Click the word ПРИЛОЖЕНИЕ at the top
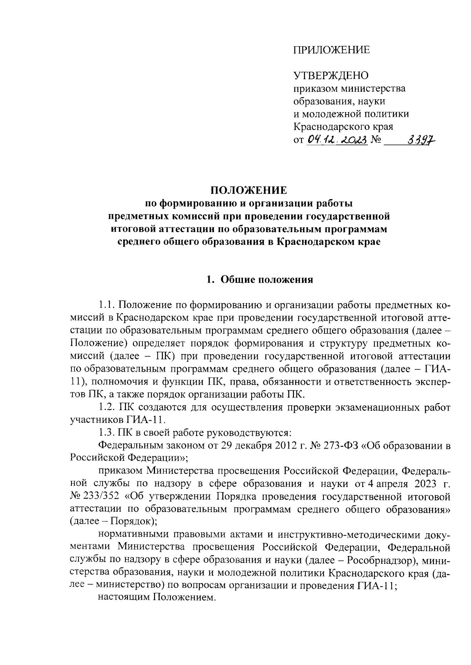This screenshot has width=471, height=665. click(332, 50)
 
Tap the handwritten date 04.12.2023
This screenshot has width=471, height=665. click(337, 139)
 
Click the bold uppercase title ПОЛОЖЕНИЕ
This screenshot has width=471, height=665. click(249, 191)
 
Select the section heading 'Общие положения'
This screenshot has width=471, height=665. click(267, 280)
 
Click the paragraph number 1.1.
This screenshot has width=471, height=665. click(106, 305)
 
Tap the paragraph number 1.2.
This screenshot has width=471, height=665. click(106, 407)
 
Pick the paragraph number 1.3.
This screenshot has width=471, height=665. click(106, 433)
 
